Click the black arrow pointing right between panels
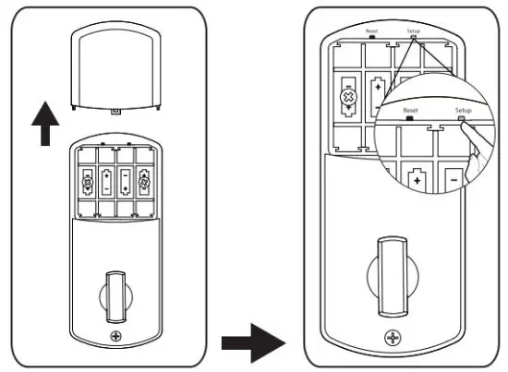click(x=253, y=342)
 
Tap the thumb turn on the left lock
click(x=116, y=297)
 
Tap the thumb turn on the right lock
click(x=393, y=276)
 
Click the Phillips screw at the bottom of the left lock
click(x=115, y=336)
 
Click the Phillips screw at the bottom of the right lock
click(x=393, y=338)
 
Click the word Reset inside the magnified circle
click(x=410, y=110)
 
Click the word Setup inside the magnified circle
click(x=464, y=110)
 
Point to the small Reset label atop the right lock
click(x=371, y=31)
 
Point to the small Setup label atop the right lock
click(x=414, y=31)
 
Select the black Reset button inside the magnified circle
click(x=410, y=118)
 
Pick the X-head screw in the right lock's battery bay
click(x=348, y=97)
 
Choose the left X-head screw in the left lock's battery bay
click(x=88, y=182)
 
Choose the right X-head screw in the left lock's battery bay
click(x=144, y=182)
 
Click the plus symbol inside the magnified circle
click(x=417, y=181)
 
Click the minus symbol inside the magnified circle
click(x=454, y=180)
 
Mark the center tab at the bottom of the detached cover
click(x=115, y=111)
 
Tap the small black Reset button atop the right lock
click(x=372, y=37)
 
